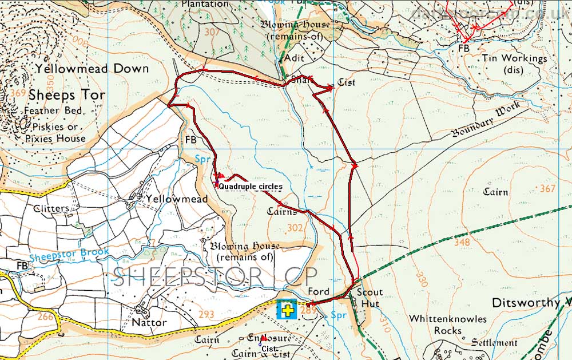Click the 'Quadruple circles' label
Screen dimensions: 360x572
251,187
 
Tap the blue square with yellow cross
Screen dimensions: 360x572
286,310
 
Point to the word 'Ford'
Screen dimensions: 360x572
319,291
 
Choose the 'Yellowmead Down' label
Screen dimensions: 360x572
92,69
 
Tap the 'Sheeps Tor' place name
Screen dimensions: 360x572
66,94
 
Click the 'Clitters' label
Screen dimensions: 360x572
51,208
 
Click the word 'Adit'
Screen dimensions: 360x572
294,58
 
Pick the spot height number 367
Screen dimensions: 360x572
547,189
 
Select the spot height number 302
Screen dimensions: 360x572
296,228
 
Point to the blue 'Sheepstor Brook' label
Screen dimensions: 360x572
57,257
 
